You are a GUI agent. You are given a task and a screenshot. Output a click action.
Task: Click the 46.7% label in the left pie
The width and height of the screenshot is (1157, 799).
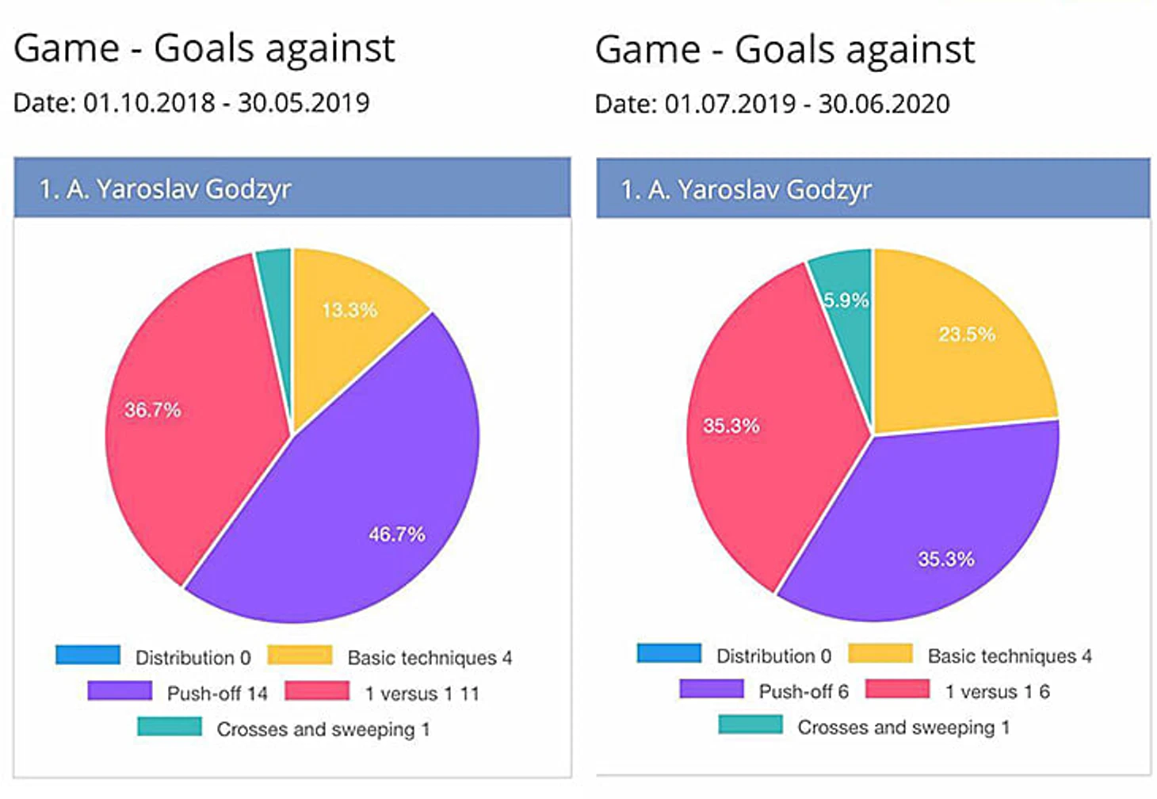(x=396, y=534)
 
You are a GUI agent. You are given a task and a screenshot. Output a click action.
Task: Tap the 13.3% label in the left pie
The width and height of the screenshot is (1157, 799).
(x=349, y=310)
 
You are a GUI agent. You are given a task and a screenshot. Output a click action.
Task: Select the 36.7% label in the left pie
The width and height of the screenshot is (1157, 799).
(x=152, y=410)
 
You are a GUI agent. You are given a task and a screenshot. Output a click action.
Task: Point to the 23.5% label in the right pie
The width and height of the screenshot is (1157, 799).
(x=967, y=334)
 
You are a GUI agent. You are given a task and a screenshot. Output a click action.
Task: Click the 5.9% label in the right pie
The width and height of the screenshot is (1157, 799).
(x=846, y=300)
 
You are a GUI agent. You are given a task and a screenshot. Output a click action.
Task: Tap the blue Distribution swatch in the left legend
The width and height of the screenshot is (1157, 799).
(x=88, y=656)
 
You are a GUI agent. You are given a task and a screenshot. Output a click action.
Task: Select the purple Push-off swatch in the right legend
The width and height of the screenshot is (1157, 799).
(x=711, y=689)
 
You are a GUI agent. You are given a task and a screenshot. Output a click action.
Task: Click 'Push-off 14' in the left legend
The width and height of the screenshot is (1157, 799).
(x=217, y=694)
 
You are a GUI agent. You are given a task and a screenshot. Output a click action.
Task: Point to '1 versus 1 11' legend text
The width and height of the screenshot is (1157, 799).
(x=422, y=694)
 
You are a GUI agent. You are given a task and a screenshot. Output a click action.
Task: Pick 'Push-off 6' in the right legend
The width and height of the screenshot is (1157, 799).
(x=804, y=691)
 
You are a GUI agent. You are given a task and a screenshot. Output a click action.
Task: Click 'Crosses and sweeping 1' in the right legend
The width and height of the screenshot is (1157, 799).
(x=903, y=727)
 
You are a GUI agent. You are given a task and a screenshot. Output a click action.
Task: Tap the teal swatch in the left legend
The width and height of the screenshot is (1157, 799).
(x=169, y=727)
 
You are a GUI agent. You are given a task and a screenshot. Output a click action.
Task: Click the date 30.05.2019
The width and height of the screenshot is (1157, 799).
(x=304, y=103)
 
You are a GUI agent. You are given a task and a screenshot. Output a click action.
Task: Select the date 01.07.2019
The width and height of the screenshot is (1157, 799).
(x=730, y=104)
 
